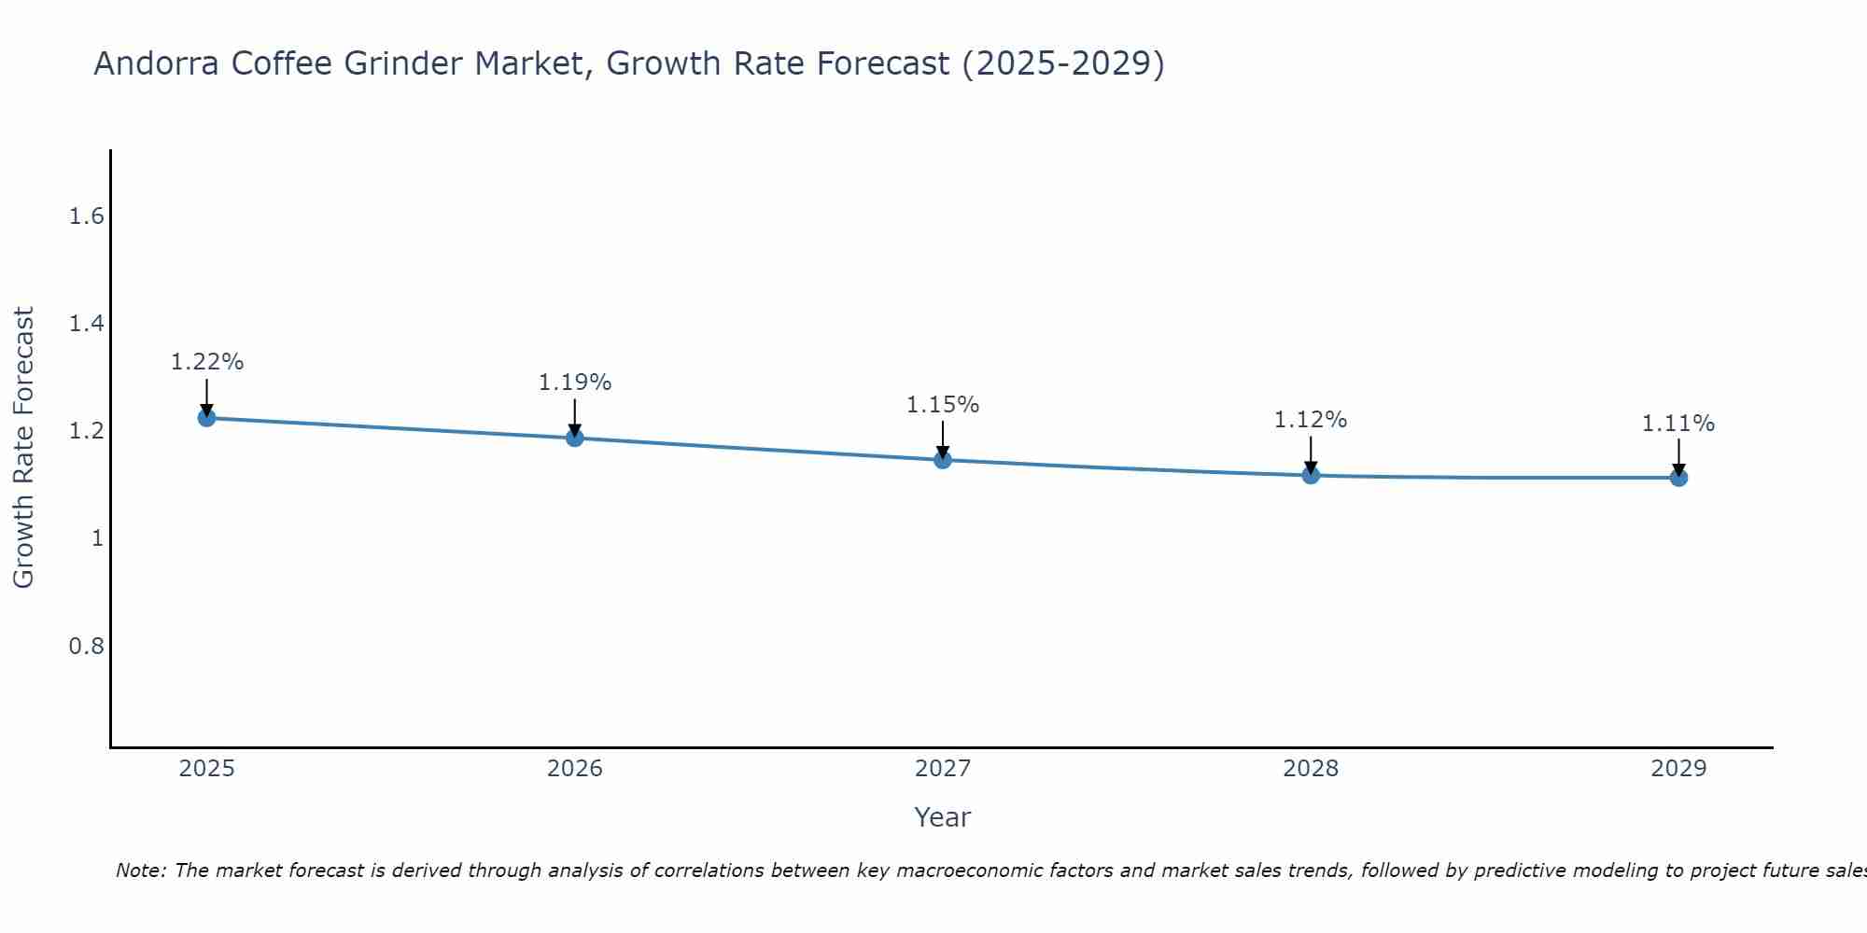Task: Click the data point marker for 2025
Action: pos(206,417)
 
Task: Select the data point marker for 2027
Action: pos(943,459)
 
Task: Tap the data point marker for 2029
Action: pos(1678,478)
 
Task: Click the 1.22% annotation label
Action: pos(206,362)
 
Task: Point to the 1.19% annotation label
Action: pos(574,383)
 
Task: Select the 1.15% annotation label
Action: pos(943,405)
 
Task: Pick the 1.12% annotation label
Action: pos(1311,420)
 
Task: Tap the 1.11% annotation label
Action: pos(1678,424)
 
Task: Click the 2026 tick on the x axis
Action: pos(574,769)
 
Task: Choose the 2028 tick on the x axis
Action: pos(1311,769)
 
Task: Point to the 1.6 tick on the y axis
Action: pos(86,216)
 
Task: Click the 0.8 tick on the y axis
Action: pos(86,646)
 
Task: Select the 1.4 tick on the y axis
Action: pos(86,324)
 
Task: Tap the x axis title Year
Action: pos(943,817)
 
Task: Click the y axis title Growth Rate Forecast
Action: pos(23,448)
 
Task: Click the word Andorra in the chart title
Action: pos(157,63)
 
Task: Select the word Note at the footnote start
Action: pos(140,870)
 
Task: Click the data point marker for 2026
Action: pos(574,437)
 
